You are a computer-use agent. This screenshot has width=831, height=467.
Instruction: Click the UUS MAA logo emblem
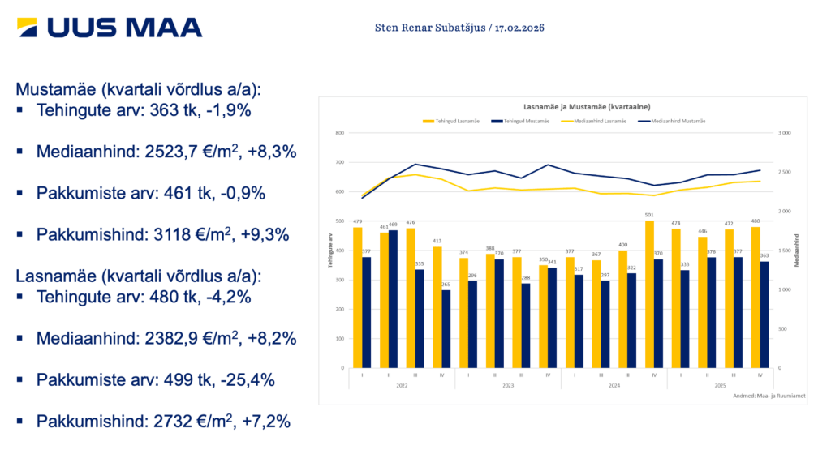pyautogui.click(x=30, y=28)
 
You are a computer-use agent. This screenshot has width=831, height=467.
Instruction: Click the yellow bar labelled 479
pyautogui.click(x=358, y=297)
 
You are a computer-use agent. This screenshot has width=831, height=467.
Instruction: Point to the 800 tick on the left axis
pyautogui.click(x=340, y=133)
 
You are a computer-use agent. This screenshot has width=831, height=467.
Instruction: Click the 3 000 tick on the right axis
pyautogui.click(x=786, y=133)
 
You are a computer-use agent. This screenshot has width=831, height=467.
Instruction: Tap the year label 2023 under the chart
pyautogui.click(x=508, y=386)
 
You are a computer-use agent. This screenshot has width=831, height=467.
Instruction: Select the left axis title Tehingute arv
pyautogui.click(x=330, y=251)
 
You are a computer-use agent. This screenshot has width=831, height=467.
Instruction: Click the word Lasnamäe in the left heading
pyautogui.click(x=52, y=276)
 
